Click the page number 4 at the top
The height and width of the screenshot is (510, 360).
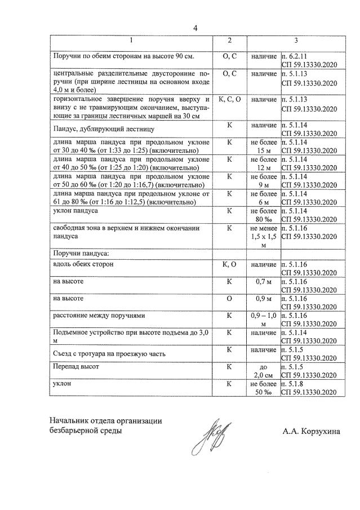(x=195, y=28)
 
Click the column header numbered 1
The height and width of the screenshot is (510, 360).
(x=131, y=41)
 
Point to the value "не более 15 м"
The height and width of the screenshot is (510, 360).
(x=263, y=147)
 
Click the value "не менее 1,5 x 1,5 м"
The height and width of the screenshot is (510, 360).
(x=263, y=237)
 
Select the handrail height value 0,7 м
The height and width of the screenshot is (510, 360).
(x=263, y=281)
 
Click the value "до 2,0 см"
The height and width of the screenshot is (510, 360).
(x=263, y=370)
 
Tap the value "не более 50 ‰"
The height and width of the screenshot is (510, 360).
(x=263, y=387)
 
